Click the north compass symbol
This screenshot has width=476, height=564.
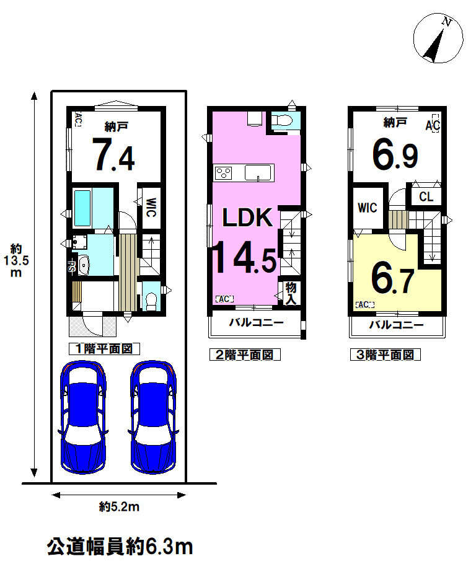(x=438, y=38)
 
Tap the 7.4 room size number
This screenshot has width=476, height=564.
(x=113, y=155)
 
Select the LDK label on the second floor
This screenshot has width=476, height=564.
(x=247, y=218)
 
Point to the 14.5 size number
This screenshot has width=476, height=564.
(x=245, y=257)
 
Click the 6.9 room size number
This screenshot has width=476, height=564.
(x=395, y=155)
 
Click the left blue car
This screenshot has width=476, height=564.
(x=84, y=417)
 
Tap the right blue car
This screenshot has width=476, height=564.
(x=154, y=417)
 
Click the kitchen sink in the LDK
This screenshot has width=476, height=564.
(x=258, y=173)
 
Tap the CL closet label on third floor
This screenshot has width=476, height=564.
(x=426, y=196)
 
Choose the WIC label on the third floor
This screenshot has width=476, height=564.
(x=368, y=208)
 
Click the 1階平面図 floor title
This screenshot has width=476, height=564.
(x=104, y=348)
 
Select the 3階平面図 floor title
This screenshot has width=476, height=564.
(x=386, y=355)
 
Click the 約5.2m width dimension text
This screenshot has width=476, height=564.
(x=119, y=507)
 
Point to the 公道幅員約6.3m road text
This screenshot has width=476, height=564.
(x=120, y=547)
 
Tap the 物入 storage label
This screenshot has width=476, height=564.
(x=291, y=293)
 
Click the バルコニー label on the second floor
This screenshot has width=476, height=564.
(x=257, y=322)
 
